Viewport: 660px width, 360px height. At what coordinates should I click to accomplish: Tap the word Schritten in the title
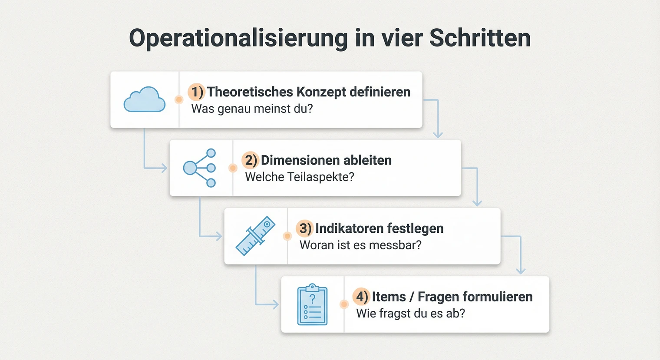[480, 38]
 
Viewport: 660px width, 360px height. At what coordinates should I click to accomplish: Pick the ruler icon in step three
[255, 236]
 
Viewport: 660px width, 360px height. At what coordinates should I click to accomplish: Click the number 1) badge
[196, 92]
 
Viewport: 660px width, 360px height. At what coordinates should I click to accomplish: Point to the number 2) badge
[251, 160]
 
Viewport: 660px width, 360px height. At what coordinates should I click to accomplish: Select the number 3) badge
[305, 228]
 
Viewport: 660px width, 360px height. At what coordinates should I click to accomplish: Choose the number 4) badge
[361, 297]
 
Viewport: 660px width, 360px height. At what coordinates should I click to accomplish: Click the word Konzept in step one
[321, 92]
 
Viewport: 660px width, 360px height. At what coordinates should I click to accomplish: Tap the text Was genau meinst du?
[252, 109]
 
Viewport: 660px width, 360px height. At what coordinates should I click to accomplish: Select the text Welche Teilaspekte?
[300, 177]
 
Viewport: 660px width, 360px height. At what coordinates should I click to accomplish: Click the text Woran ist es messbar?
[360, 245]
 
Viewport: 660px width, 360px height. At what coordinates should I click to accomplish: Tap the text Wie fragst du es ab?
[410, 313]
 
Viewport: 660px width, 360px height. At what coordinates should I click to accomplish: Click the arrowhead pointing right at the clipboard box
[275, 304]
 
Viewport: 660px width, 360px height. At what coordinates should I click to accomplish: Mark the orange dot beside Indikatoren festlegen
[287, 236]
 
